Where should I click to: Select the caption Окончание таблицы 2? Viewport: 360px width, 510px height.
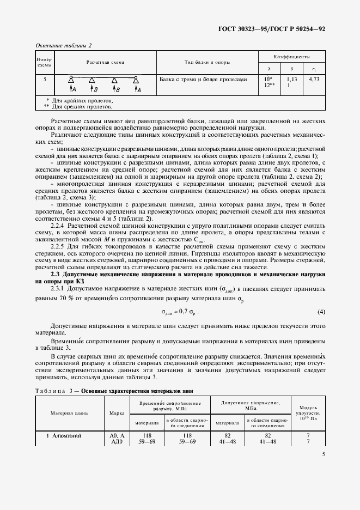point(63,45)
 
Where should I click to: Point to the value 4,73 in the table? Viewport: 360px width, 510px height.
point(314,80)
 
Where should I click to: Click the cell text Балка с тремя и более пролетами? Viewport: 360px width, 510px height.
point(203,80)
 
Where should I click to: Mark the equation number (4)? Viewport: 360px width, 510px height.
point(321,312)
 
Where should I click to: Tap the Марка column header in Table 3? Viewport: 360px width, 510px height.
point(117,412)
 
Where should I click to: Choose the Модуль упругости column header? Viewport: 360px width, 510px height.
point(308,412)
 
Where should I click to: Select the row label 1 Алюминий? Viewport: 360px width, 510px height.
point(62,436)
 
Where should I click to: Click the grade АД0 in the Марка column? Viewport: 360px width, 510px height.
point(117,442)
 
